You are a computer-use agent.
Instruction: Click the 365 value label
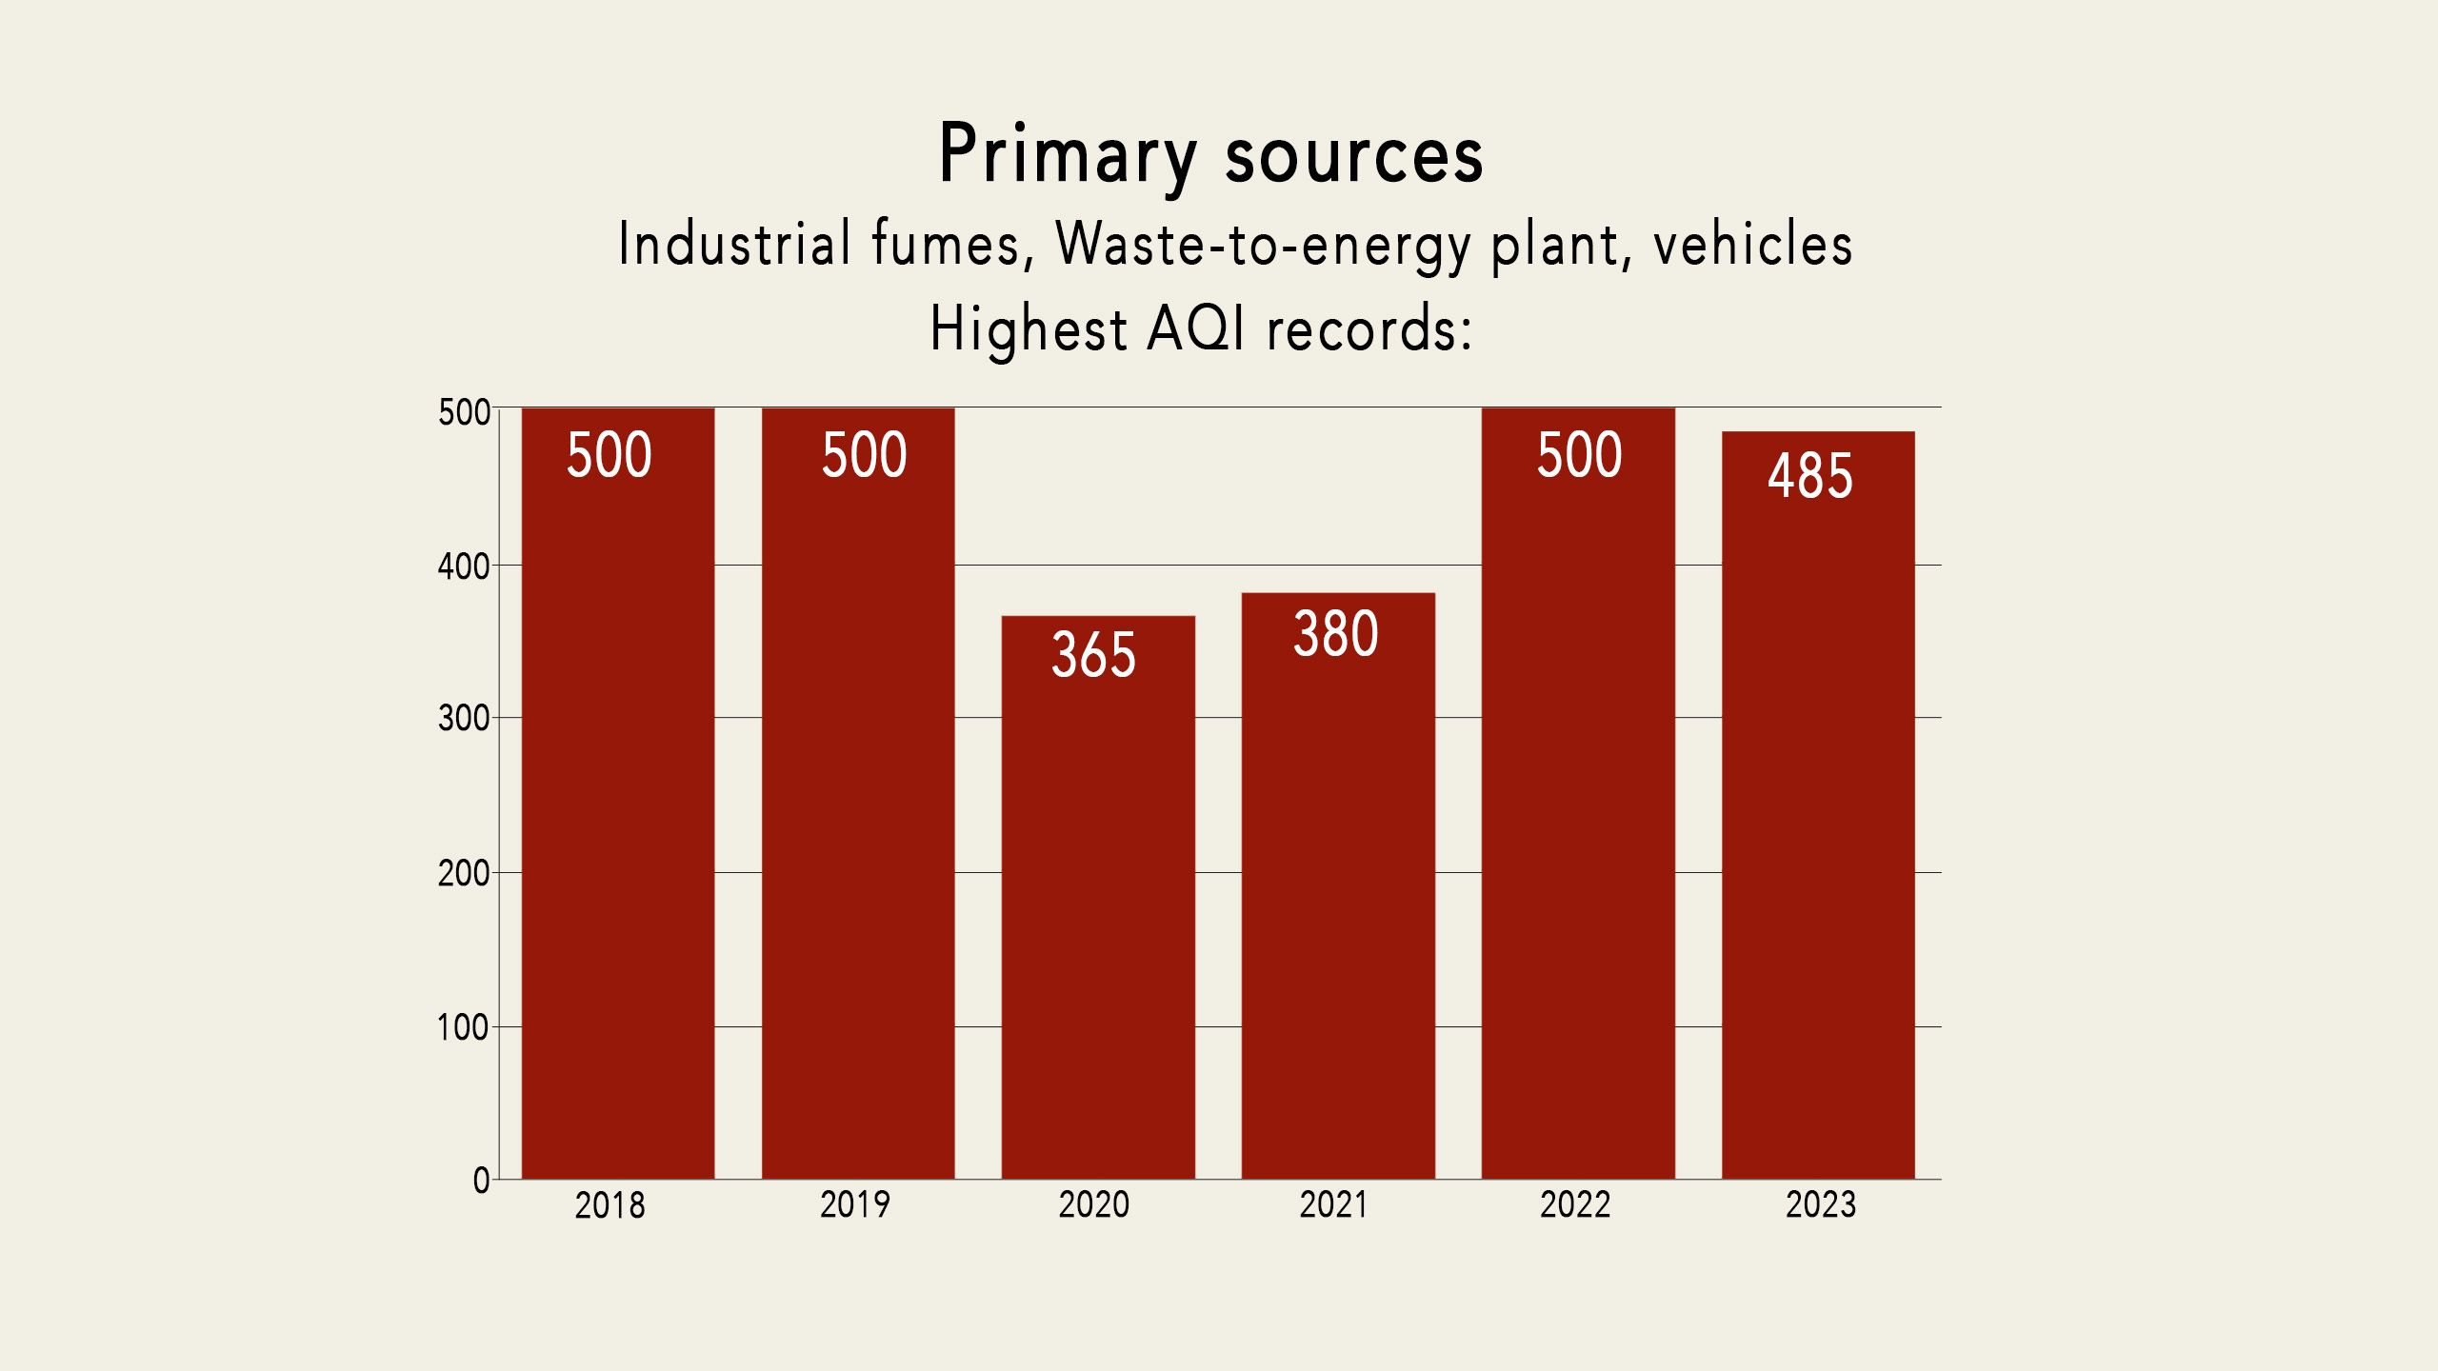coord(1093,655)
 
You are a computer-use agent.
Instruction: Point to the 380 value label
coord(1335,634)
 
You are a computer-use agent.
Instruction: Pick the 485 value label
coord(1810,476)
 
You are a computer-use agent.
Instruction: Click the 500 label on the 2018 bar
coord(609,455)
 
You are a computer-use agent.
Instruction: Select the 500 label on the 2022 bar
coord(1579,455)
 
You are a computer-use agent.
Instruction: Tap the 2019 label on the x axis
coord(854,1205)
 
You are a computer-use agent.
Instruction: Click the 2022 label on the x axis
coord(1575,1205)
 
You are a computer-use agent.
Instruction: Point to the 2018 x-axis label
coord(609,1206)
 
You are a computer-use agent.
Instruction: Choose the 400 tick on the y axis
coord(463,567)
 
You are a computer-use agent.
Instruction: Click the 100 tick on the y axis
coord(462,1028)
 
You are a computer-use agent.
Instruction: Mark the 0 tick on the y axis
coord(481,1182)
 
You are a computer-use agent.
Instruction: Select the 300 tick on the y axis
coord(463,719)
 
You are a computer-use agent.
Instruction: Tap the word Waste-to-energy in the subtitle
coord(1263,245)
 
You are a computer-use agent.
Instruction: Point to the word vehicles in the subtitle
coord(1752,244)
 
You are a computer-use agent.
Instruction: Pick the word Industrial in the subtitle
coord(734,244)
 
